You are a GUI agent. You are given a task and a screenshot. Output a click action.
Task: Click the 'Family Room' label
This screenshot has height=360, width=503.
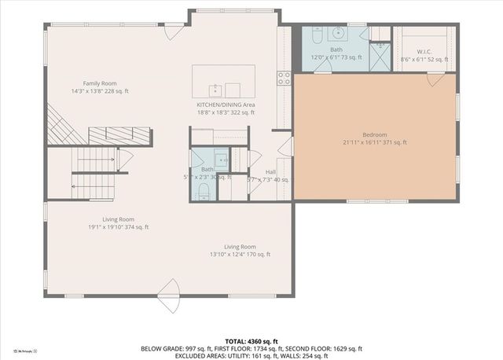(x=100, y=83)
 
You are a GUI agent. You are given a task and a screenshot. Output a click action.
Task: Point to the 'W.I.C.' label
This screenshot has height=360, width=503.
(x=424, y=51)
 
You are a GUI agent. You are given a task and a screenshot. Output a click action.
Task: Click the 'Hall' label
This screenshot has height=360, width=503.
(x=270, y=171)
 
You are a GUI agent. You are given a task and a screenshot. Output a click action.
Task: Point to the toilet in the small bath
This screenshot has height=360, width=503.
(x=203, y=191)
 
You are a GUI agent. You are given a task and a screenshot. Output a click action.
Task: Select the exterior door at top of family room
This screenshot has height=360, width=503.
(x=171, y=31)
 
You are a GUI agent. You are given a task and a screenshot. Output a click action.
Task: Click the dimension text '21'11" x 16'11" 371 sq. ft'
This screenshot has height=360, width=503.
(x=374, y=142)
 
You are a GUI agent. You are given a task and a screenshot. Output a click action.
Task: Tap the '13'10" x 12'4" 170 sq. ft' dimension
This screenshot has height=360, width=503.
(x=240, y=254)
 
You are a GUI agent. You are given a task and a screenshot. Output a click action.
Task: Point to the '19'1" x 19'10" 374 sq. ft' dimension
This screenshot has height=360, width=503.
(x=118, y=227)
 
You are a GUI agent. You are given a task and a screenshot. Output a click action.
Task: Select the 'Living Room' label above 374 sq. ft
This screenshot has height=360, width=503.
(x=118, y=219)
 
